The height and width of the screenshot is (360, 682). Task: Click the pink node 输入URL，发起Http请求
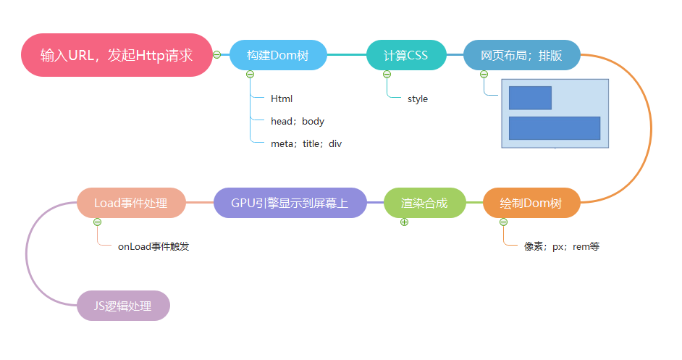point(117,55)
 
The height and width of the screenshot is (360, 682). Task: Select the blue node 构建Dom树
point(278,55)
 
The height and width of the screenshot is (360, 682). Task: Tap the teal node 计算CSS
point(405,55)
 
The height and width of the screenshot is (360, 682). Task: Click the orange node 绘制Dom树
point(531,204)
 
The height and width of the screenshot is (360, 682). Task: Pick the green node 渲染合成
point(424,204)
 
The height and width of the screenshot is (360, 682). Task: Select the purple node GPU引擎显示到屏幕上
point(290,204)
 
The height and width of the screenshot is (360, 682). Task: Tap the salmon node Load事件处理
point(131,203)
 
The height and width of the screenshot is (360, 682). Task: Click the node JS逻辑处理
point(123,306)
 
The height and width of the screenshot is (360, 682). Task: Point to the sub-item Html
point(282,99)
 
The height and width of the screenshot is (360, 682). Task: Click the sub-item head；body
point(298,121)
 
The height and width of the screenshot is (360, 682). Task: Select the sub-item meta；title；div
point(306,144)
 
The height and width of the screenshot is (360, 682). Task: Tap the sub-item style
point(418,99)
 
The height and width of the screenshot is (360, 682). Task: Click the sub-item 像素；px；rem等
point(562,246)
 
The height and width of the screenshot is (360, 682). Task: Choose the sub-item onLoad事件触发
point(153,246)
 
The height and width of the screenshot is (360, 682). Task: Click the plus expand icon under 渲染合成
point(404,222)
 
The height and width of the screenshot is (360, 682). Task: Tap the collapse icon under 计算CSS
point(387,74)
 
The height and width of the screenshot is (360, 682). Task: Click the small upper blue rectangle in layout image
point(530,98)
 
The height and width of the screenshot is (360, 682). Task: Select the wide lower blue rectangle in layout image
point(555,127)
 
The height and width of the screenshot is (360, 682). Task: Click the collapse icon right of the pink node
point(217,54)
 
